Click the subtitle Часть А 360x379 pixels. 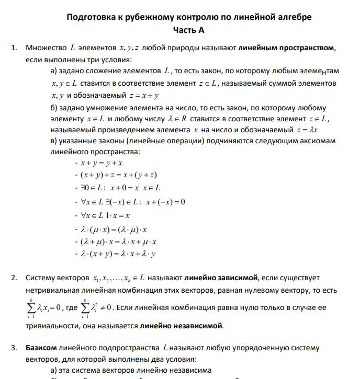(189, 30)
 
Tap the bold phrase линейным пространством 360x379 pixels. (287, 48)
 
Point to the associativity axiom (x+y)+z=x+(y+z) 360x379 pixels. (119, 176)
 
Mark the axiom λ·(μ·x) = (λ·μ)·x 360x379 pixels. (114, 228)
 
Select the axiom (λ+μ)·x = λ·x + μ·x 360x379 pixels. (118, 242)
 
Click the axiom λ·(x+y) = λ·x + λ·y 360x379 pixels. (118, 255)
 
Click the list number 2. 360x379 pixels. (14, 278)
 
